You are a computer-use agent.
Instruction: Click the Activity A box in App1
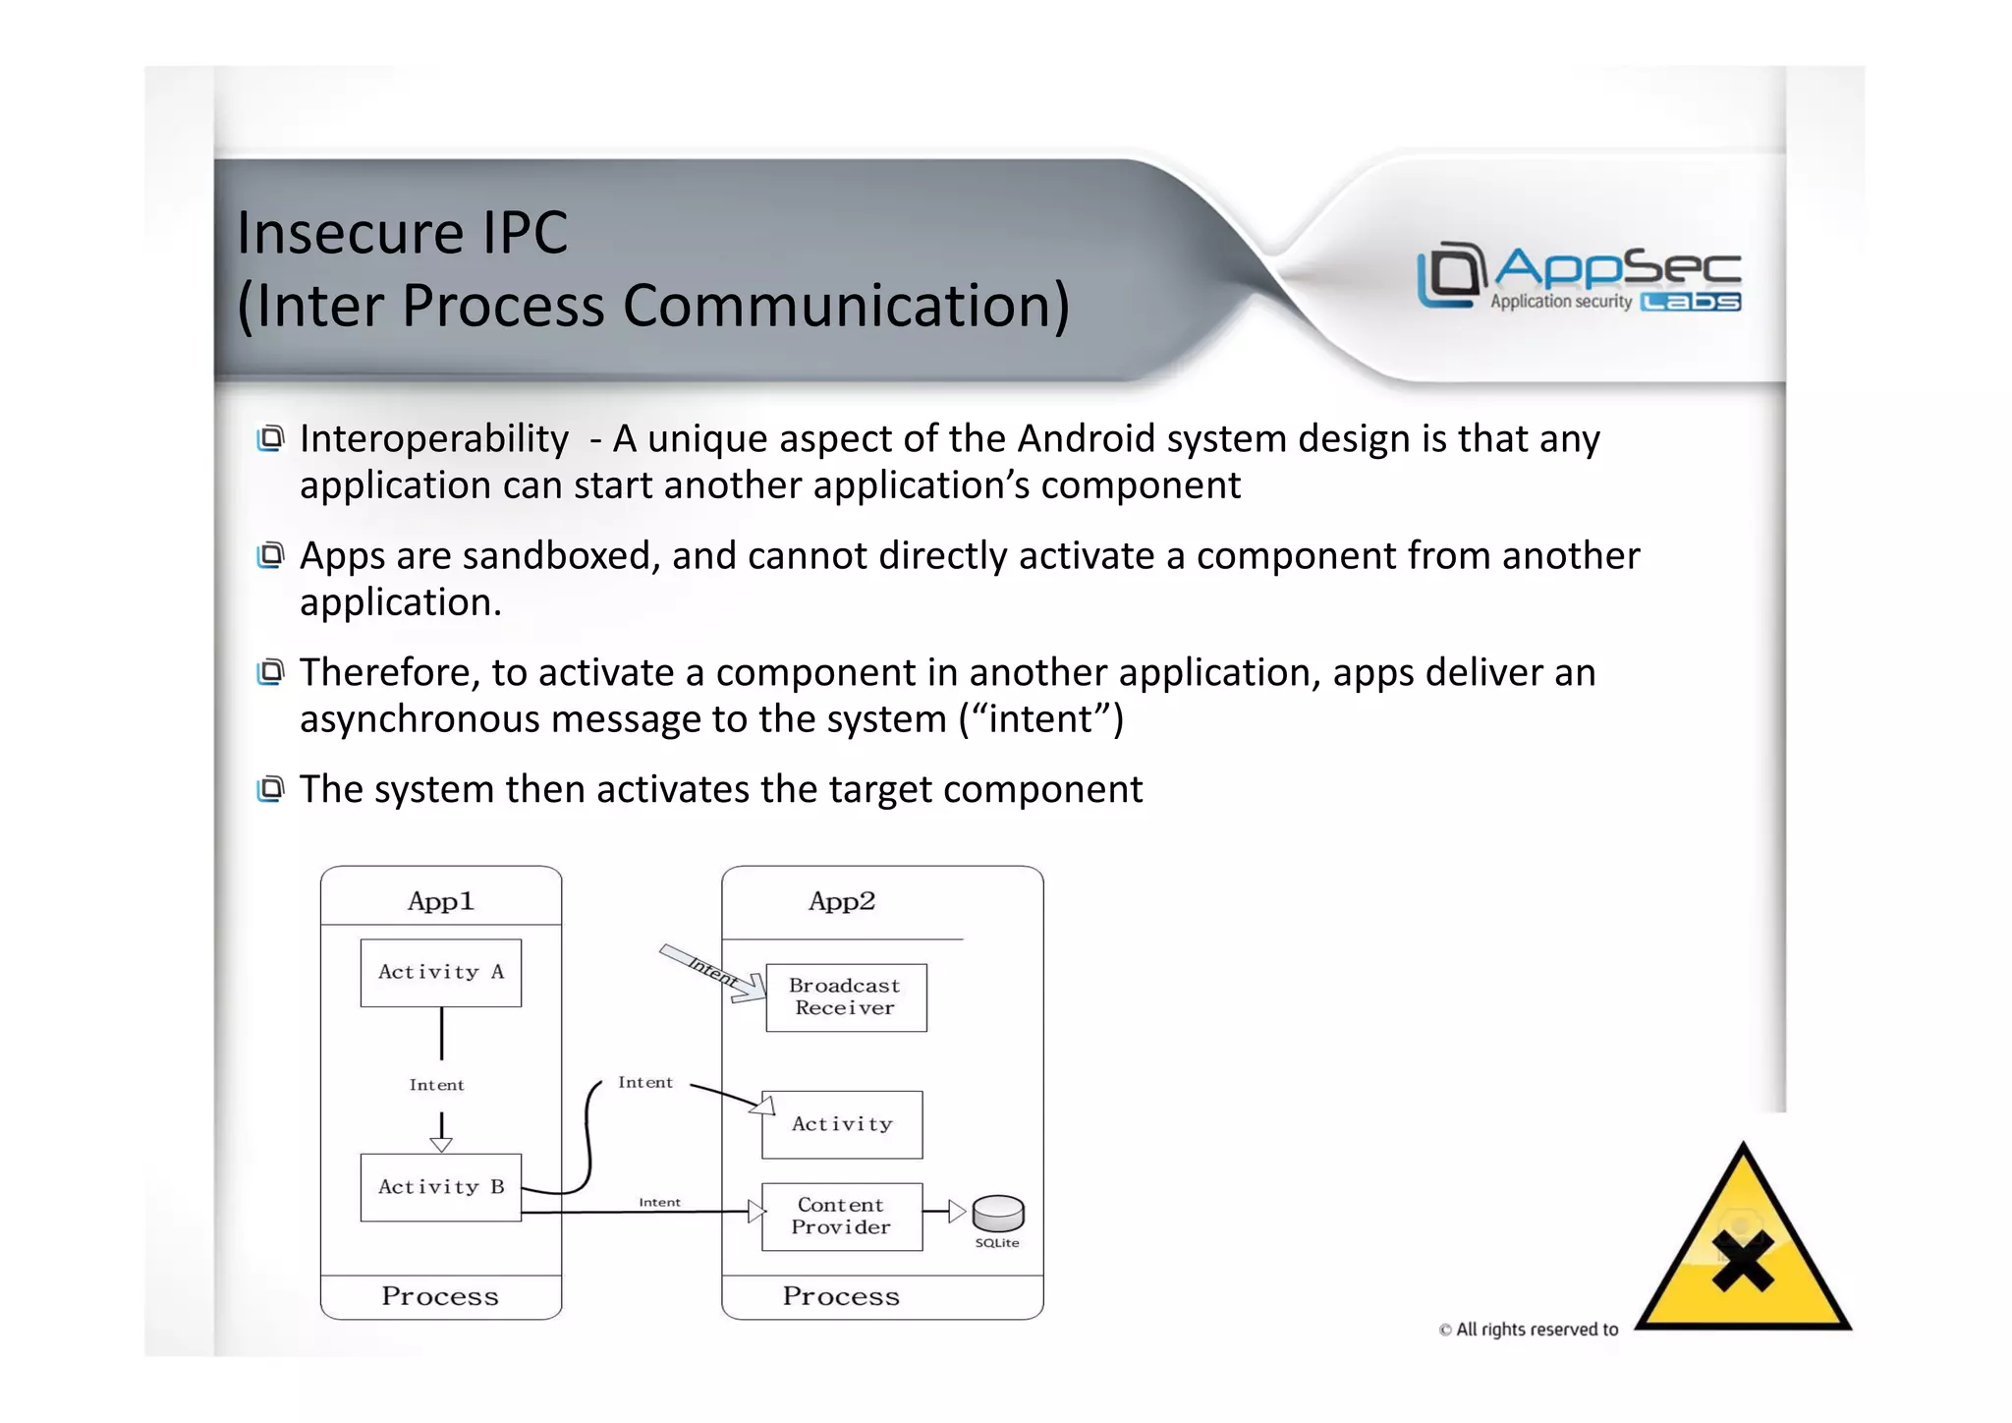coord(440,973)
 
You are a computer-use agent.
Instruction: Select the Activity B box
coord(440,1187)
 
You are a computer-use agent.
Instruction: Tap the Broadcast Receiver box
coord(845,997)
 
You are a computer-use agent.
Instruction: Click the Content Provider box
coord(841,1217)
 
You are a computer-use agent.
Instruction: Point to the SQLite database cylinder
coord(998,1213)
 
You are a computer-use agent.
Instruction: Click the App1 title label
coord(440,901)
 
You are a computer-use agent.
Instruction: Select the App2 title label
coord(842,901)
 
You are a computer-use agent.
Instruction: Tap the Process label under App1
coord(440,1296)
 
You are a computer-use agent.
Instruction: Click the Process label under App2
coord(841,1296)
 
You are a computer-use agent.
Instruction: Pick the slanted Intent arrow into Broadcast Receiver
coord(713,973)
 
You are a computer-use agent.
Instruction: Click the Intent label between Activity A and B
coord(436,1085)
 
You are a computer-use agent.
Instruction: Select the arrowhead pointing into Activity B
coord(441,1144)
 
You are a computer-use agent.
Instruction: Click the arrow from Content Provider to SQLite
coord(944,1212)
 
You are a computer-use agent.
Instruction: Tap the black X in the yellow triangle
coord(1743,1261)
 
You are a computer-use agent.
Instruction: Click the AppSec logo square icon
coord(1450,273)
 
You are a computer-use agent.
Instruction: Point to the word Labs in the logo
coord(1691,302)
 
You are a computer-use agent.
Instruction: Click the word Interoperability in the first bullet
coord(434,439)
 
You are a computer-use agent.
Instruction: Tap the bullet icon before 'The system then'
coord(270,788)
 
